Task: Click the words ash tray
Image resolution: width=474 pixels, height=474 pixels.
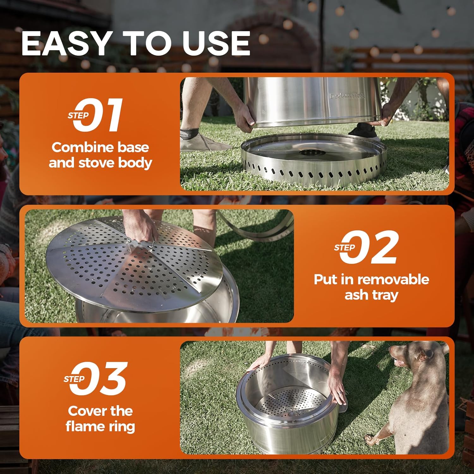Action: (x=371, y=295)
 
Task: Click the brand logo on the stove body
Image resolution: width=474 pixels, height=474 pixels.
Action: (x=347, y=96)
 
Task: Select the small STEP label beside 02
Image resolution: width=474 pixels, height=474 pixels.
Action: (x=344, y=248)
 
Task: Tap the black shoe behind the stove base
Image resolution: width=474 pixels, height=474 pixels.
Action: (x=363, y=131)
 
